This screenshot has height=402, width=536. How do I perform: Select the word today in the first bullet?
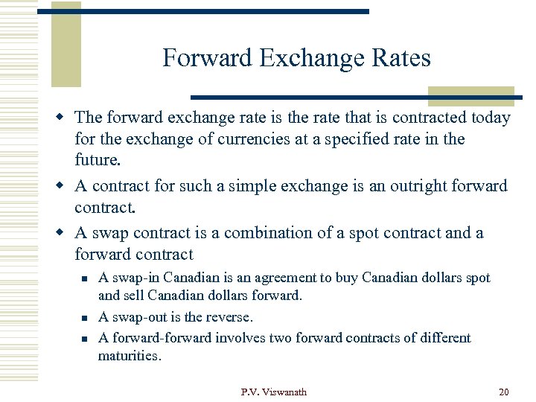(488, 118)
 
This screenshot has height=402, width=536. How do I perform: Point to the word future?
(97, 159)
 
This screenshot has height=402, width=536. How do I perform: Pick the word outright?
(410, 186)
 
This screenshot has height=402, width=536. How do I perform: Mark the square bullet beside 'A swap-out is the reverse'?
(86, 318)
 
